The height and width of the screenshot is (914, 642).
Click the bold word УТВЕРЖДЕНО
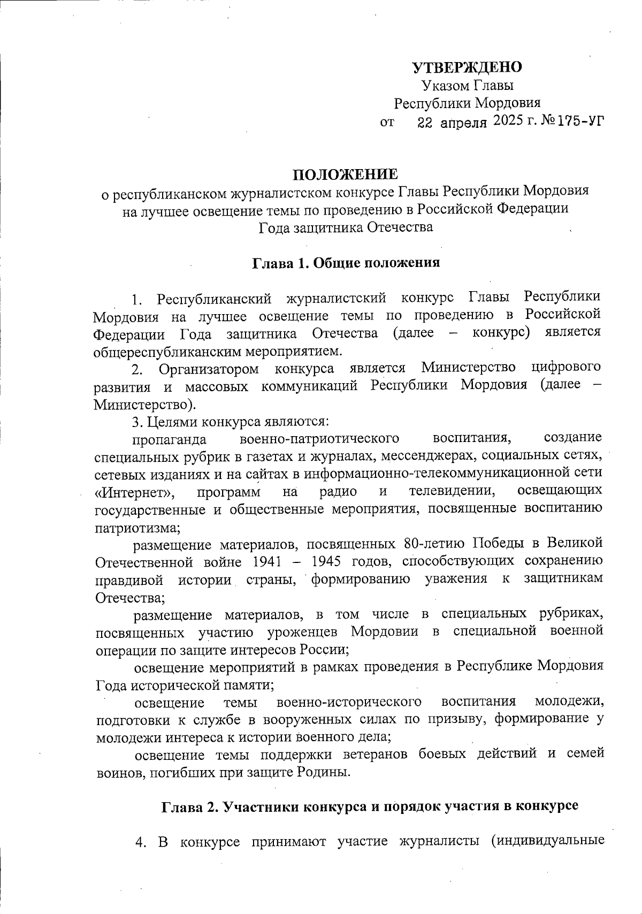467,67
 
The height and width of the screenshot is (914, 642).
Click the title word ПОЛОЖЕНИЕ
345,174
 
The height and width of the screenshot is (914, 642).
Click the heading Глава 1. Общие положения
346,263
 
